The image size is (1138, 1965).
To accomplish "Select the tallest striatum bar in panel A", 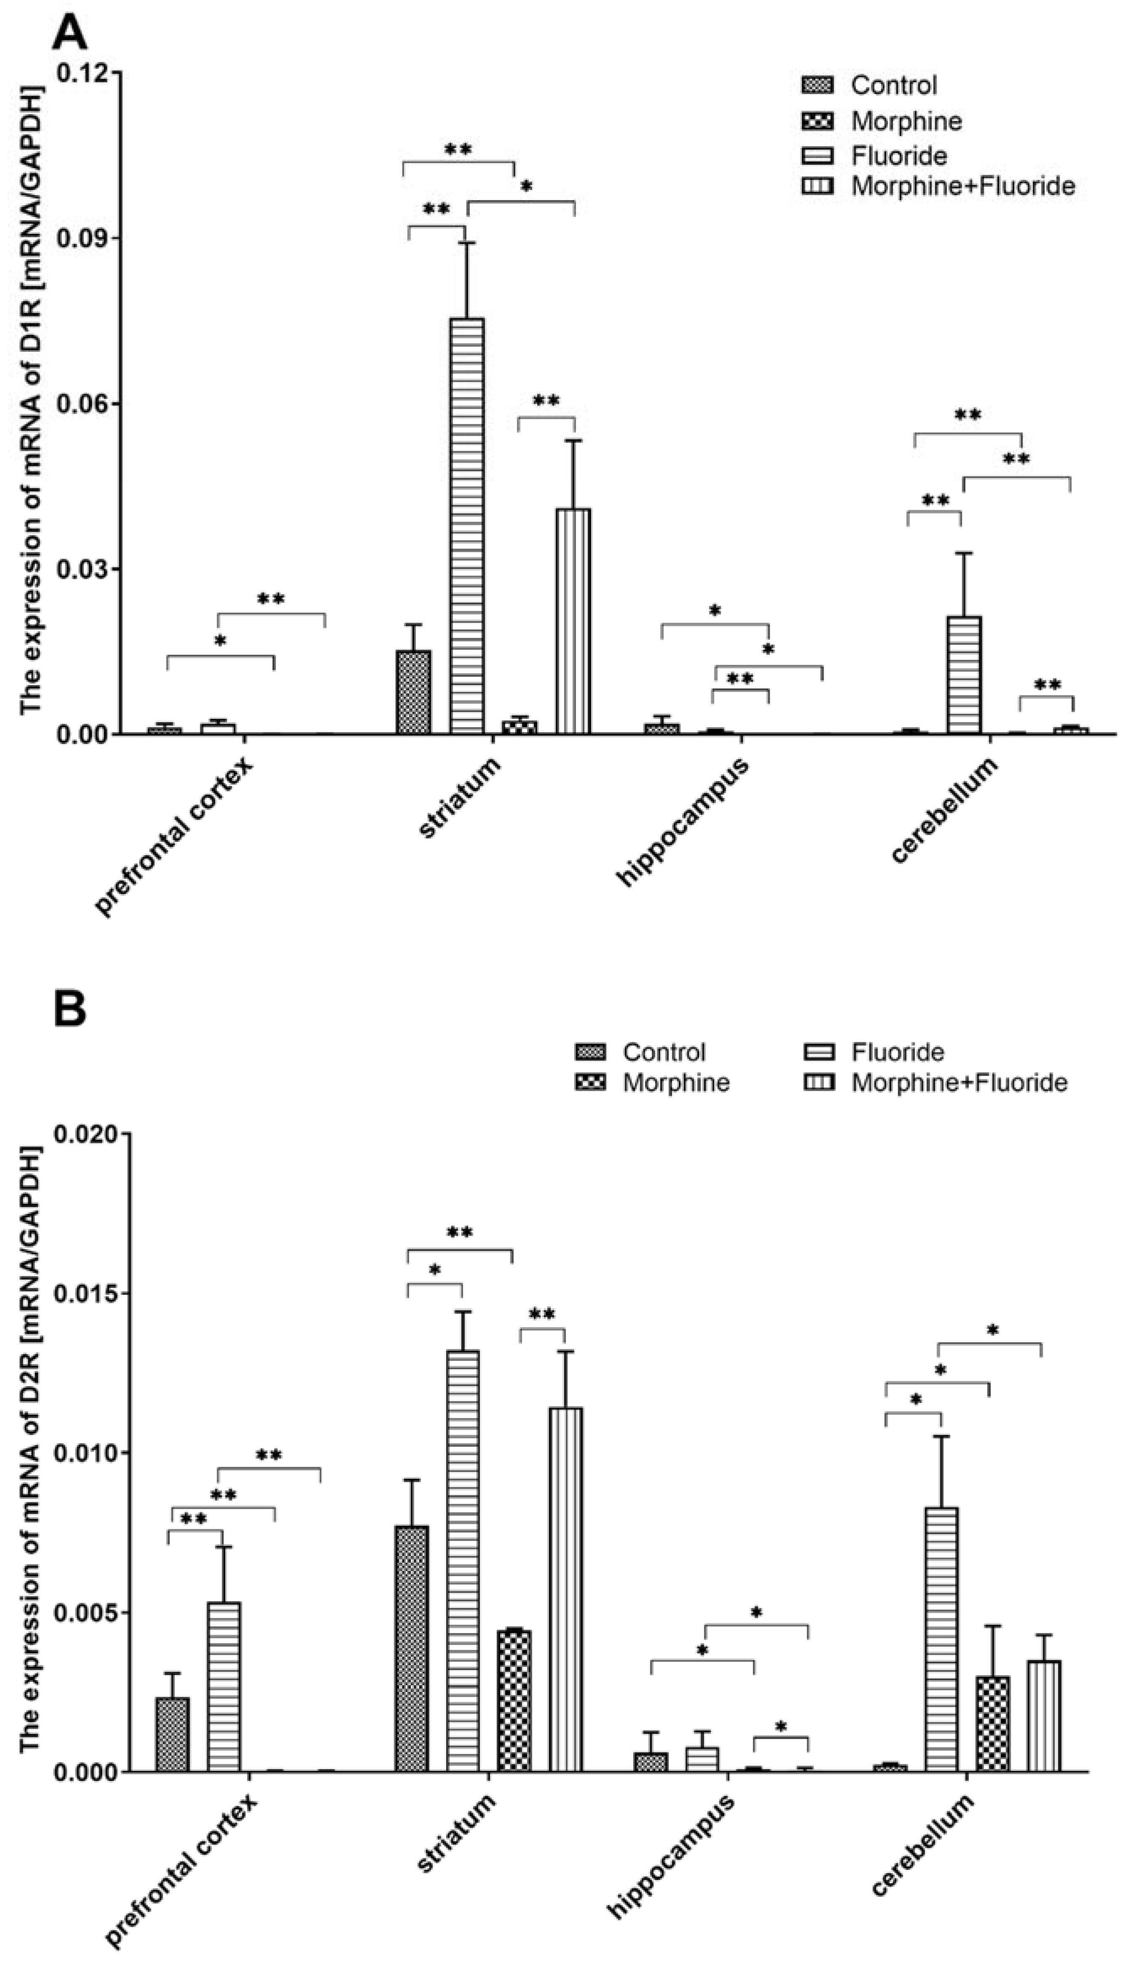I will [466, 526].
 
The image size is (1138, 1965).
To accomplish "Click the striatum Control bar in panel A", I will [413, 693].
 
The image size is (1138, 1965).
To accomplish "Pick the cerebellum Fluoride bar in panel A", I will [964, 675].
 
